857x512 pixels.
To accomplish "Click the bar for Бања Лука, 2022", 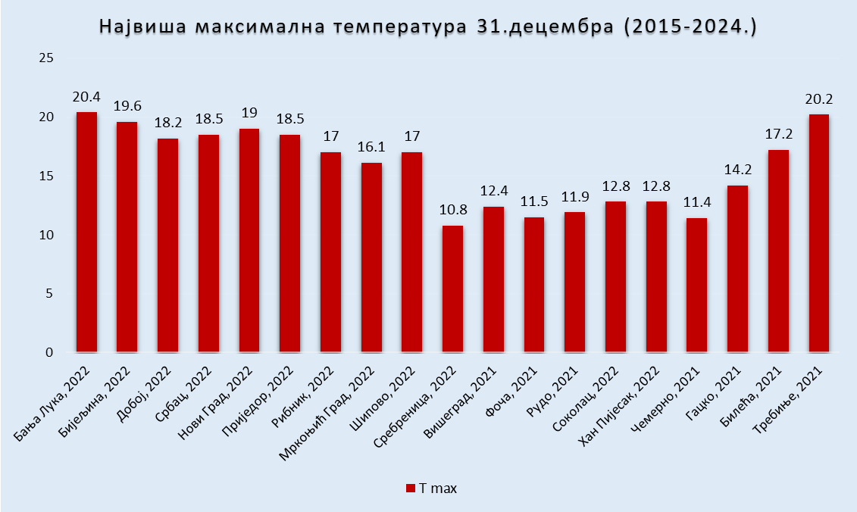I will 86,233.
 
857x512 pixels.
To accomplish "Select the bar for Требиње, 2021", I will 818,233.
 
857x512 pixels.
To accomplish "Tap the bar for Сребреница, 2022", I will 452,289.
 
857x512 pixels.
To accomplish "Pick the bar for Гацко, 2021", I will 737,269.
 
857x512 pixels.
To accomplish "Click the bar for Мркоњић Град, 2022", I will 371,258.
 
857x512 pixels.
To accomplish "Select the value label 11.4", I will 696,203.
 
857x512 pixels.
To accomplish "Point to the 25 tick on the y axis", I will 46,58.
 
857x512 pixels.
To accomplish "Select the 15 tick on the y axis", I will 46,176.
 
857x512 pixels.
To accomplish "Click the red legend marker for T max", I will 411,488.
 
